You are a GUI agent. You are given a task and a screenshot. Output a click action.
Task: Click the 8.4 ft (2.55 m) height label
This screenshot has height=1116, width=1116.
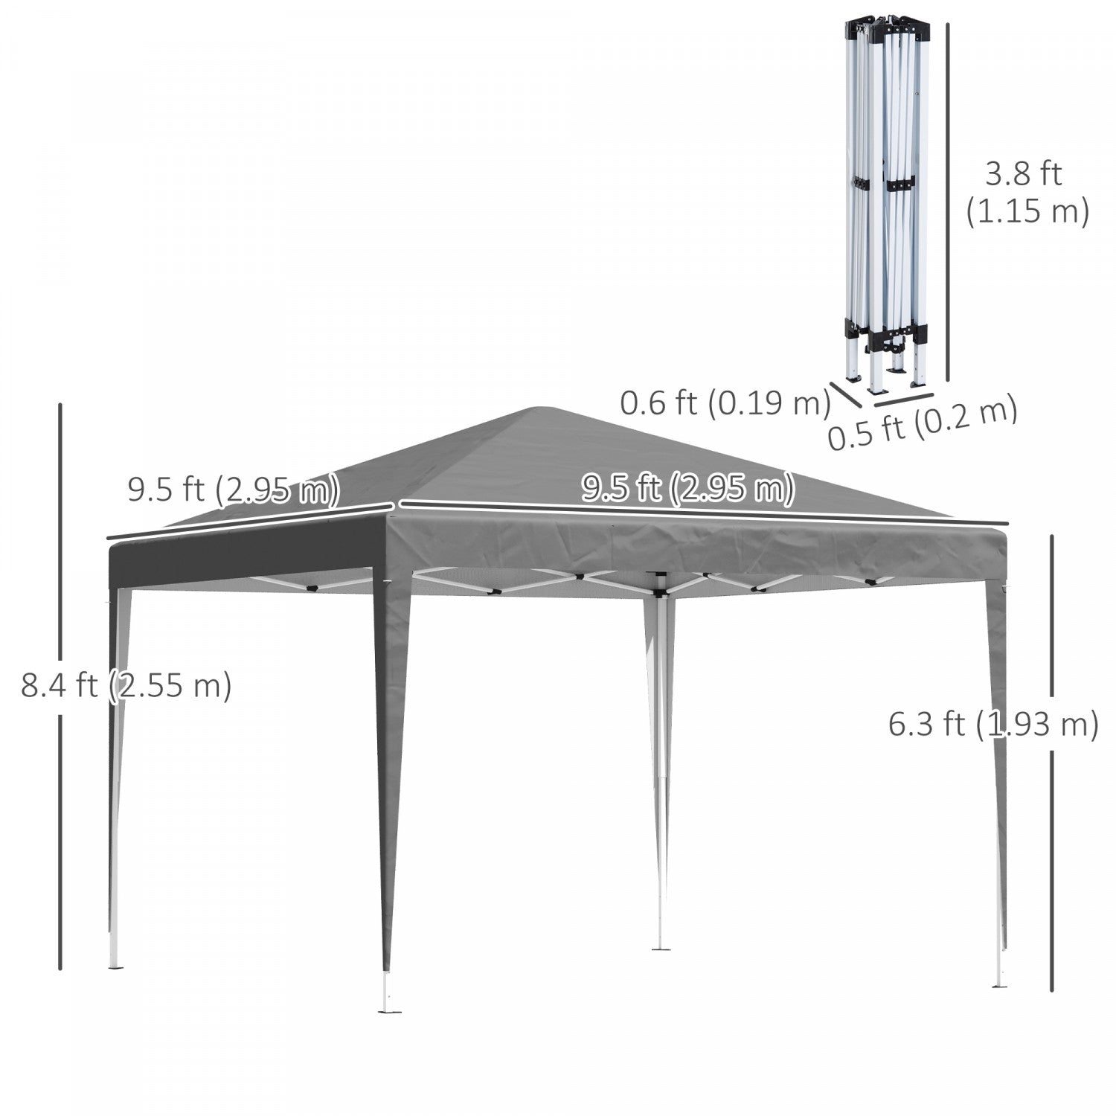(x=126, y=685)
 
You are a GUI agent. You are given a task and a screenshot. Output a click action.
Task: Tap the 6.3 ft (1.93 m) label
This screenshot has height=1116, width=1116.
(x=993, y=723)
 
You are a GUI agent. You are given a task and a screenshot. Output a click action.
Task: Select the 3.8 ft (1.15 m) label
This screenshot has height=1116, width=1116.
(x=1027, y=193)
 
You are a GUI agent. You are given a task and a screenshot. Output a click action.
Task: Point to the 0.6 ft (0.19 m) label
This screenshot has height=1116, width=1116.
(x=725, y=403)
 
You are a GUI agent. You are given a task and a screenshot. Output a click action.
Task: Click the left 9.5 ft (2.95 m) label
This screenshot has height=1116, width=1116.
(x=234, y=490)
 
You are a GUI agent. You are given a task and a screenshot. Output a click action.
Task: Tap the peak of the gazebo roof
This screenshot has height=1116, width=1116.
(x=541, y=408)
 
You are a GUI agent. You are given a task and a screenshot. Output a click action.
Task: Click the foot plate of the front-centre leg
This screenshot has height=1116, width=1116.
(x=389, y=1008)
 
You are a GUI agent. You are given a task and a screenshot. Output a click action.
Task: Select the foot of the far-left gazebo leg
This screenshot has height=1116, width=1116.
(x=116, y=964)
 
